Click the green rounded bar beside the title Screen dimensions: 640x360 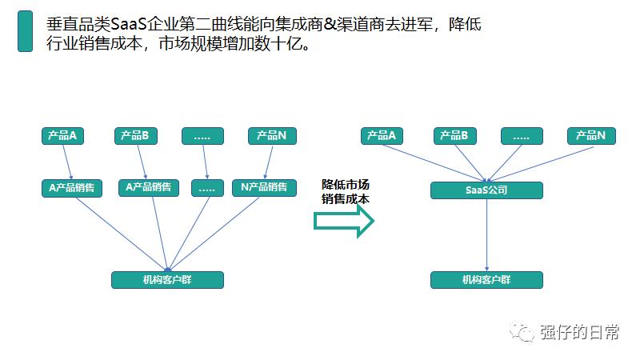pos(25,31)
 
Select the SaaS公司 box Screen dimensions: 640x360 pos(486,190)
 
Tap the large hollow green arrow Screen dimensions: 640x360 pos(344,221)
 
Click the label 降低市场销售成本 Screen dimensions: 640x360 pos(346,191)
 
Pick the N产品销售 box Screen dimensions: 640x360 pos(264,188)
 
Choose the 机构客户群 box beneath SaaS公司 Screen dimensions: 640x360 pos(486,280)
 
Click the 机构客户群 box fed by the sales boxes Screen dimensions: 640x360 pos(167,280)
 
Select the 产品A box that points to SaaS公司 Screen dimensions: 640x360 pos(382,136)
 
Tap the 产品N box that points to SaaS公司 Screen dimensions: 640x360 pos(591,136)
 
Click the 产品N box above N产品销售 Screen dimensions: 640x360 pos(272,136)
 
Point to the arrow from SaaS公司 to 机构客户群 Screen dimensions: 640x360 pos(486,235)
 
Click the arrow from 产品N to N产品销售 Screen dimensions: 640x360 pos(269,162)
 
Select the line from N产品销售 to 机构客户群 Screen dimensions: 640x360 pos(214,234)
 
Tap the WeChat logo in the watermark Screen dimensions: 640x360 pos(522,331)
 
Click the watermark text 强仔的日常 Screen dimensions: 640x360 pos(579,332)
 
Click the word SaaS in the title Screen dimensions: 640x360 pos(129,25)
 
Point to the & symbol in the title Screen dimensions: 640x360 pos(330,25)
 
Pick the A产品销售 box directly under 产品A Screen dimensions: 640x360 pos(72,188)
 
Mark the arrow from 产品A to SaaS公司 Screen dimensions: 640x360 pos(434,163)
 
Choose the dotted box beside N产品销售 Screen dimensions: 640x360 pos(207,188)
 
